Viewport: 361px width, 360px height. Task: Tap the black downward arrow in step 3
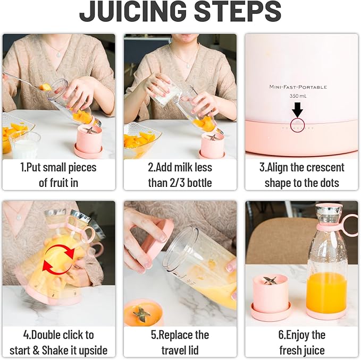297,110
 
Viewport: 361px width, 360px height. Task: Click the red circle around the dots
298,126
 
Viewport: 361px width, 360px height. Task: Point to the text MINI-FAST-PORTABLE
298,87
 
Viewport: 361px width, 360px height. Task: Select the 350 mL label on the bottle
298,96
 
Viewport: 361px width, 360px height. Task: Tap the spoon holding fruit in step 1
32,82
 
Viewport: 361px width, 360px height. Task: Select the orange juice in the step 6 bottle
326,292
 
